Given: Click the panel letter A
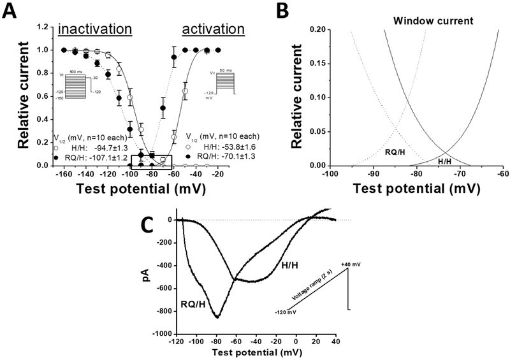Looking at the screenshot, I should [11, 11].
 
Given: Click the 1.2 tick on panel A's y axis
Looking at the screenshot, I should [43, 27].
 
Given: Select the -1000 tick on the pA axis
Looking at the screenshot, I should [163, 334].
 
